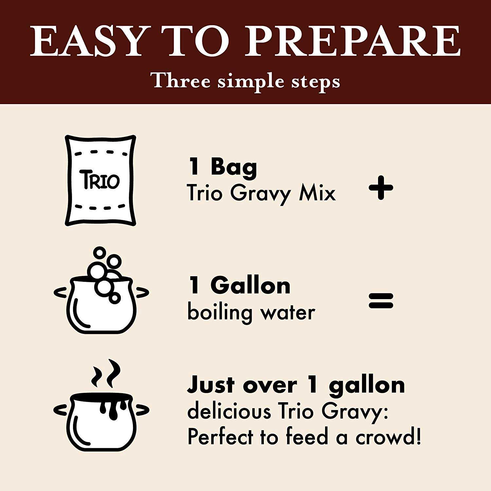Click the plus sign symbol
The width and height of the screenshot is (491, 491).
point(381,188)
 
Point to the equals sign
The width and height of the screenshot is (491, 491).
point(381,300)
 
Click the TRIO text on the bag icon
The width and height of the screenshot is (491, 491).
point(100,180)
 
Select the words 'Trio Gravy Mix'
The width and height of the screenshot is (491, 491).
point(262,193)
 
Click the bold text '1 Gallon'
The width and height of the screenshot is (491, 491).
point(239,285)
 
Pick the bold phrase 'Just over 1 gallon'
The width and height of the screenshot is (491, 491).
point(296,385)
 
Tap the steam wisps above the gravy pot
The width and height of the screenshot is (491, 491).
point(105,374)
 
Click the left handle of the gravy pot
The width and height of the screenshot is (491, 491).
point(62,409)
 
